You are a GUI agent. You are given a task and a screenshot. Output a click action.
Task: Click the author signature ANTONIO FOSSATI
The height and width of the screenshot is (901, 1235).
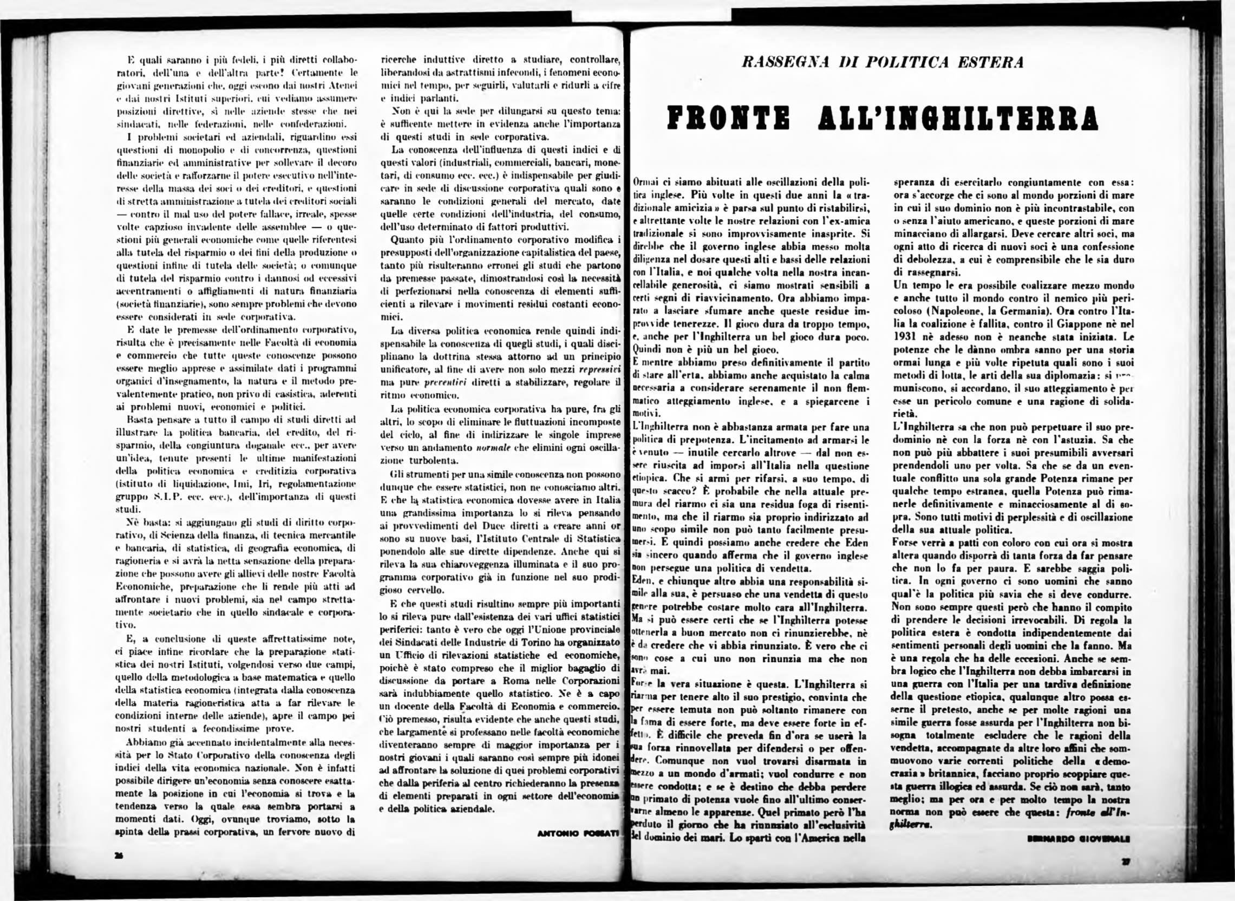(578, 832)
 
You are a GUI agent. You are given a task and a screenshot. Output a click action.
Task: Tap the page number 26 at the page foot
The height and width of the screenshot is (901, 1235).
(118, 856)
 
